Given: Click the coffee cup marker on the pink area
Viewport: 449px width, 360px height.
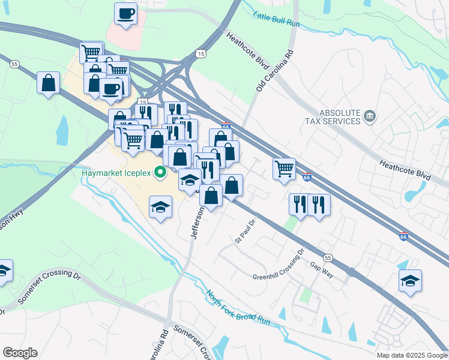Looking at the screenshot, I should click(x=125, y=14).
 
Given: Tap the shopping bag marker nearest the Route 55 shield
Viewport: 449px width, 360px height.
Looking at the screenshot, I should click(x=48, y=83).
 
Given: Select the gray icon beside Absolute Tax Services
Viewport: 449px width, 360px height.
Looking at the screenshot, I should click(x=370, y=116).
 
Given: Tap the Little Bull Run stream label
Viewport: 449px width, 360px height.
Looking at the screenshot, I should click(x=276, y=20).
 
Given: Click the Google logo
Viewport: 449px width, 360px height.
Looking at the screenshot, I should click(x=20, y=353).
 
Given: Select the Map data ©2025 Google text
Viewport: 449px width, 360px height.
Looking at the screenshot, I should click(x=411, y=355).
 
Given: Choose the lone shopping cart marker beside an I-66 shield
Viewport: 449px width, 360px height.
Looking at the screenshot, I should click(x=284, y=168).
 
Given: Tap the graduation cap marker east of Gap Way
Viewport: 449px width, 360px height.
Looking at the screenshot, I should click(x=410, y=281).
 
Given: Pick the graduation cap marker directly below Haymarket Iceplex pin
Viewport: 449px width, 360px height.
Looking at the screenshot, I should click(x=160, y=208).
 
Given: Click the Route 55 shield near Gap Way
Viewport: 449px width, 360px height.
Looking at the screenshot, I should click(x=327, y=257).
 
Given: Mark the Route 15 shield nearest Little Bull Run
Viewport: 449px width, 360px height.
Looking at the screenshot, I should click(x=200, y=54).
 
